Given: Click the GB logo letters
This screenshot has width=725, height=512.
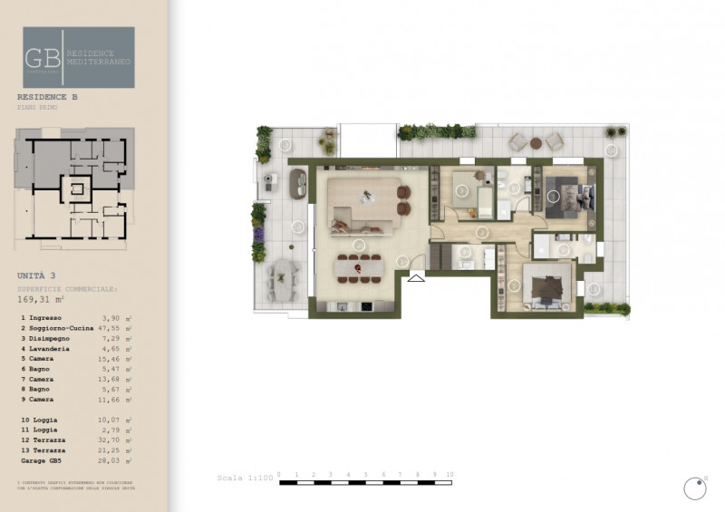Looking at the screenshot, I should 43,57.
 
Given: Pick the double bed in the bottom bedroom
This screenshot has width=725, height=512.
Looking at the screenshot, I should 546,286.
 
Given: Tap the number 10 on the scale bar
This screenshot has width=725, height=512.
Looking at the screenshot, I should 449,475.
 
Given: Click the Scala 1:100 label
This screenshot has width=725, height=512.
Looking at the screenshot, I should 244,478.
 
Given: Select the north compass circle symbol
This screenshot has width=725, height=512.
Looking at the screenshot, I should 695,488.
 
